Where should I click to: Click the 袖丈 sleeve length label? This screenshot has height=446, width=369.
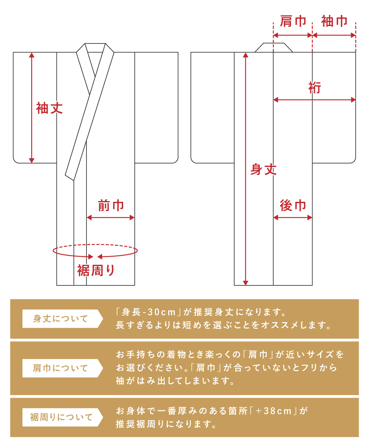pos(49,108)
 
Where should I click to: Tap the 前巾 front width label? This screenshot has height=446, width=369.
pos(111,206)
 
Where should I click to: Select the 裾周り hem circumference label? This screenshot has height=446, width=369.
pos(96,271)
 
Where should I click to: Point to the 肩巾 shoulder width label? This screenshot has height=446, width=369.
pos(293,21)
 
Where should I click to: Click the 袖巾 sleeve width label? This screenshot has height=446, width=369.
pos(334,21)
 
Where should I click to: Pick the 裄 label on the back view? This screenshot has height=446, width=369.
pos(314,88)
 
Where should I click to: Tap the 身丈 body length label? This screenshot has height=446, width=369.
pos(264,169)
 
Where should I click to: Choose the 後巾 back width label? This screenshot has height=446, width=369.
pos(293,206)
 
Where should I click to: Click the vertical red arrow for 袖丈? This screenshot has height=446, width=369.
pos(32,108)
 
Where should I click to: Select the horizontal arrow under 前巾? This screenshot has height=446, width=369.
pos(111,218)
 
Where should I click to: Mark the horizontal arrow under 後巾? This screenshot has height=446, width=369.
pos(293,218)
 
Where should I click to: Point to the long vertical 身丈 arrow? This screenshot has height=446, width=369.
pos(245,169)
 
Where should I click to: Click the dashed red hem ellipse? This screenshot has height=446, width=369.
pos(95,245)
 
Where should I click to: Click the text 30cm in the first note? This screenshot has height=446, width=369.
pos(161,312)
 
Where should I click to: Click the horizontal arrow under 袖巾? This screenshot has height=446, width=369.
pos(334,35)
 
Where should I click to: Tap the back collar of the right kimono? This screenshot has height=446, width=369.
pos(274,48)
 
